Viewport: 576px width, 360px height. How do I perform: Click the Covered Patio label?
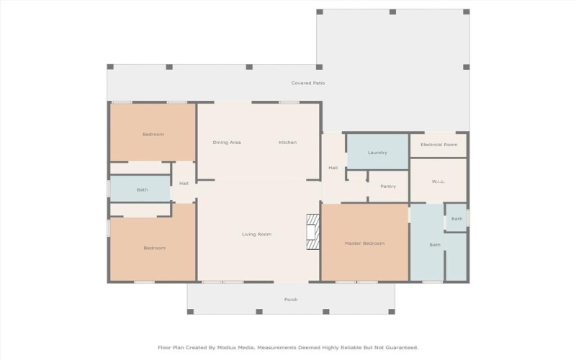(x=307, y=84)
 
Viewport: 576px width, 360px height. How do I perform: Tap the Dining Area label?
(x=227, y=143)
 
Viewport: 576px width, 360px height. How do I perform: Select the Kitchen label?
(x=288, y=143)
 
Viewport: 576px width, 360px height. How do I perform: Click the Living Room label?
(x=256, y=234)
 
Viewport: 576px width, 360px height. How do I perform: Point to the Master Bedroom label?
(x=364, y=243)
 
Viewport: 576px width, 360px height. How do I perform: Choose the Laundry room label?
(x=377, y=153)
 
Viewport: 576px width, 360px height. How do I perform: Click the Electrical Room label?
(x=438, y=145)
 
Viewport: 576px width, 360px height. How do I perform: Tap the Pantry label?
(x=388, y=186)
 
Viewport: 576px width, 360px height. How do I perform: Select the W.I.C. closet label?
(x=438, y=181)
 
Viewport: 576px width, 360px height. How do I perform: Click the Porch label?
(x=291, y=300)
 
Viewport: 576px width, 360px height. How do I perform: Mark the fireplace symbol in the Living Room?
(x=312, y=232)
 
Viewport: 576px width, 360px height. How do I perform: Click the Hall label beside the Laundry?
(x=333, y=168)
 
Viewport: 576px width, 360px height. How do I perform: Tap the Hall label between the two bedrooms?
(x=184, y=184)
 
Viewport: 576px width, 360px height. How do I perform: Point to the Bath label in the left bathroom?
(x=142, y=190)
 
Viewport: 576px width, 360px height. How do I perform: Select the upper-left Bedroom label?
(x=153, y=135)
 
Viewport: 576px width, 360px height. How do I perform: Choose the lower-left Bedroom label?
(x=154, y=248)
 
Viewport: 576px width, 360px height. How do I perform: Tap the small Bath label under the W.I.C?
(x=456, y=219)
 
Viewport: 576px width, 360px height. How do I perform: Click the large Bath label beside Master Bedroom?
(x=435, y=245)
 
